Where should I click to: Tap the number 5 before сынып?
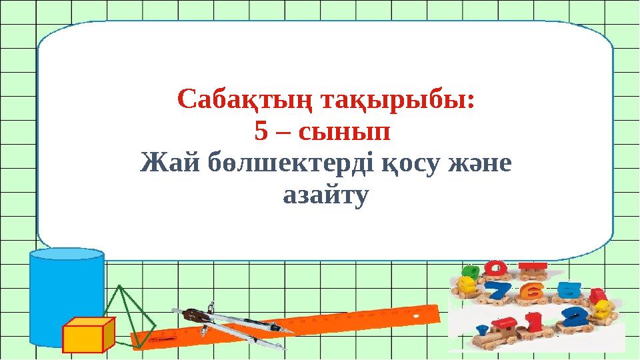click(261, 132)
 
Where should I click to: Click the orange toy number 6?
click(531, 291)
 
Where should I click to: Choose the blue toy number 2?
click(577, 317)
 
